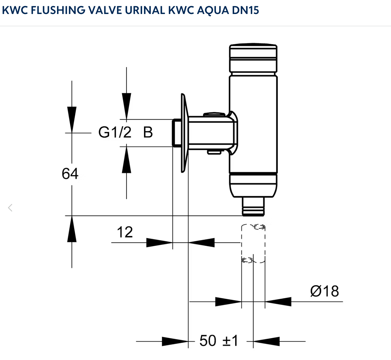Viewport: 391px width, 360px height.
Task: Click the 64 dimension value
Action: click(x=70, y=174)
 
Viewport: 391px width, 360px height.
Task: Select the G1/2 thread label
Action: click(x=115, y=132)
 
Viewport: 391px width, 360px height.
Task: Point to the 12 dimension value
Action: click(x=125, y=232)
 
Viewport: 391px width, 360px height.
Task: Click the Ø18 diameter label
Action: click(x=324, y=291)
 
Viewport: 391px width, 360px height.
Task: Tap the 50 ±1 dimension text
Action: click(x=218, y=341)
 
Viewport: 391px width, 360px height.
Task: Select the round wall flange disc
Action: click(x=184, y=133)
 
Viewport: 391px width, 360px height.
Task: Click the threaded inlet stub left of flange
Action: click(x=176, y=133)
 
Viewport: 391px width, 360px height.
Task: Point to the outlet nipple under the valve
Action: click(x=253, y=207)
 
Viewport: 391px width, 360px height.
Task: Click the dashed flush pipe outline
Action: click(x=253, y=244)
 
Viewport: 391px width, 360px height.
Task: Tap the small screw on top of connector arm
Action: click(x=214, y=114)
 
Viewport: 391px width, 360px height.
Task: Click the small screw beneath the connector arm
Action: click(x=215, y=152)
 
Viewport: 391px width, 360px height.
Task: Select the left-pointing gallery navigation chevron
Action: click(x=10, y=208)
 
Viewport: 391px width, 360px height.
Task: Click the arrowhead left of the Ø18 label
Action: click(x=278, y=302)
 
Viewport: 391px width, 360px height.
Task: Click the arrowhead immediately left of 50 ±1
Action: click(x=175, y=341)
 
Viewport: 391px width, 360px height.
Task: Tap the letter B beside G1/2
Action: click(x=148, y=132)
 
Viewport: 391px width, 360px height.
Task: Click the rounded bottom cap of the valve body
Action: click(x=253, y=186)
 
